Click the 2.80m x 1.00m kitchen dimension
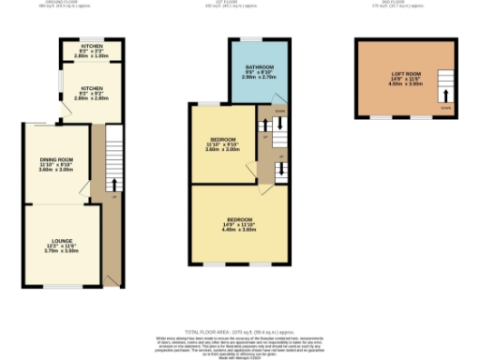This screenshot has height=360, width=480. tap(91, 55)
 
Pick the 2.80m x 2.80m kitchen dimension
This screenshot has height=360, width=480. tap(91, 97)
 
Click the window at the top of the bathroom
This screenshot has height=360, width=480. tap(249, 38)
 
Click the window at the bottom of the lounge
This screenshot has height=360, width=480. tap(62, 285)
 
